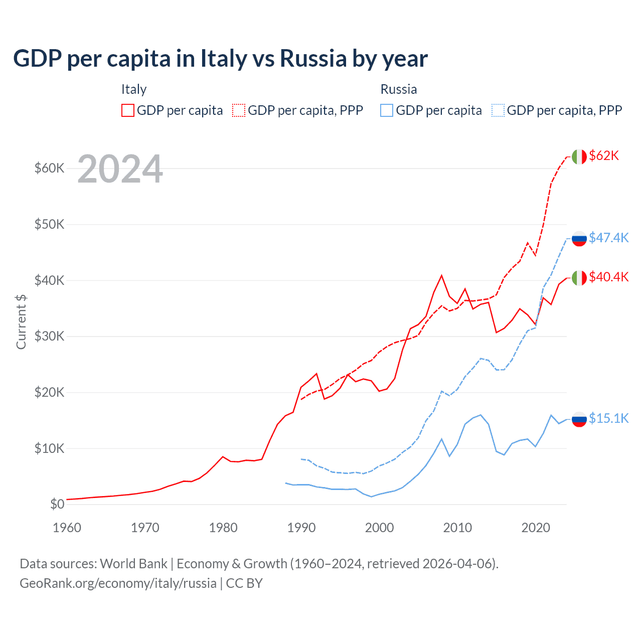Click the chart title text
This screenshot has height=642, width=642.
(x=220, y=59)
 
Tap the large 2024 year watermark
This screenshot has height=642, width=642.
(x=120, y=169)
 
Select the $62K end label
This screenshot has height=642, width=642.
(x=604, y=155)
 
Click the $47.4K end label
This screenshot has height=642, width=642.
(x=608, y=237)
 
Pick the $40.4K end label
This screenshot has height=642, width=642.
(x=608, y=277)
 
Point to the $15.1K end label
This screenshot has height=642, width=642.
(x=608, y=418)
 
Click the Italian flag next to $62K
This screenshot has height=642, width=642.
(x=579, y=156)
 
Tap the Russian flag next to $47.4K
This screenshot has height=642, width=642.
(x=579, y=238)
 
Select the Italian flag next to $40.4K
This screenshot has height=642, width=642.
(x=579, y=277)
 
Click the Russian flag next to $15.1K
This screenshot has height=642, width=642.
(x=579, y=419)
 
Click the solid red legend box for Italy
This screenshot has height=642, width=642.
(x=128, y=110)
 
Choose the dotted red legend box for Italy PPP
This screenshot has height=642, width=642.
(x=239, y=110)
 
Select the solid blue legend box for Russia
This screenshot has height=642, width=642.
(x=387, y=110)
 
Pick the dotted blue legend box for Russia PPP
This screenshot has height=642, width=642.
(x=498, y=110)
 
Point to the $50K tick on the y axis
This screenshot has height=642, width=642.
(x=49, y=224)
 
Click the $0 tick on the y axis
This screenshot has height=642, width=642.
(x=57, y=504)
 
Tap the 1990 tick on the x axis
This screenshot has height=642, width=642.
(x=301, y=528)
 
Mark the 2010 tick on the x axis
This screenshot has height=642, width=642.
(x=457, y=528)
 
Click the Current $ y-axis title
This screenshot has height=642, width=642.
(x=21, y=322)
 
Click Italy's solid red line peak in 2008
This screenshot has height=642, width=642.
(x=441, y=275)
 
